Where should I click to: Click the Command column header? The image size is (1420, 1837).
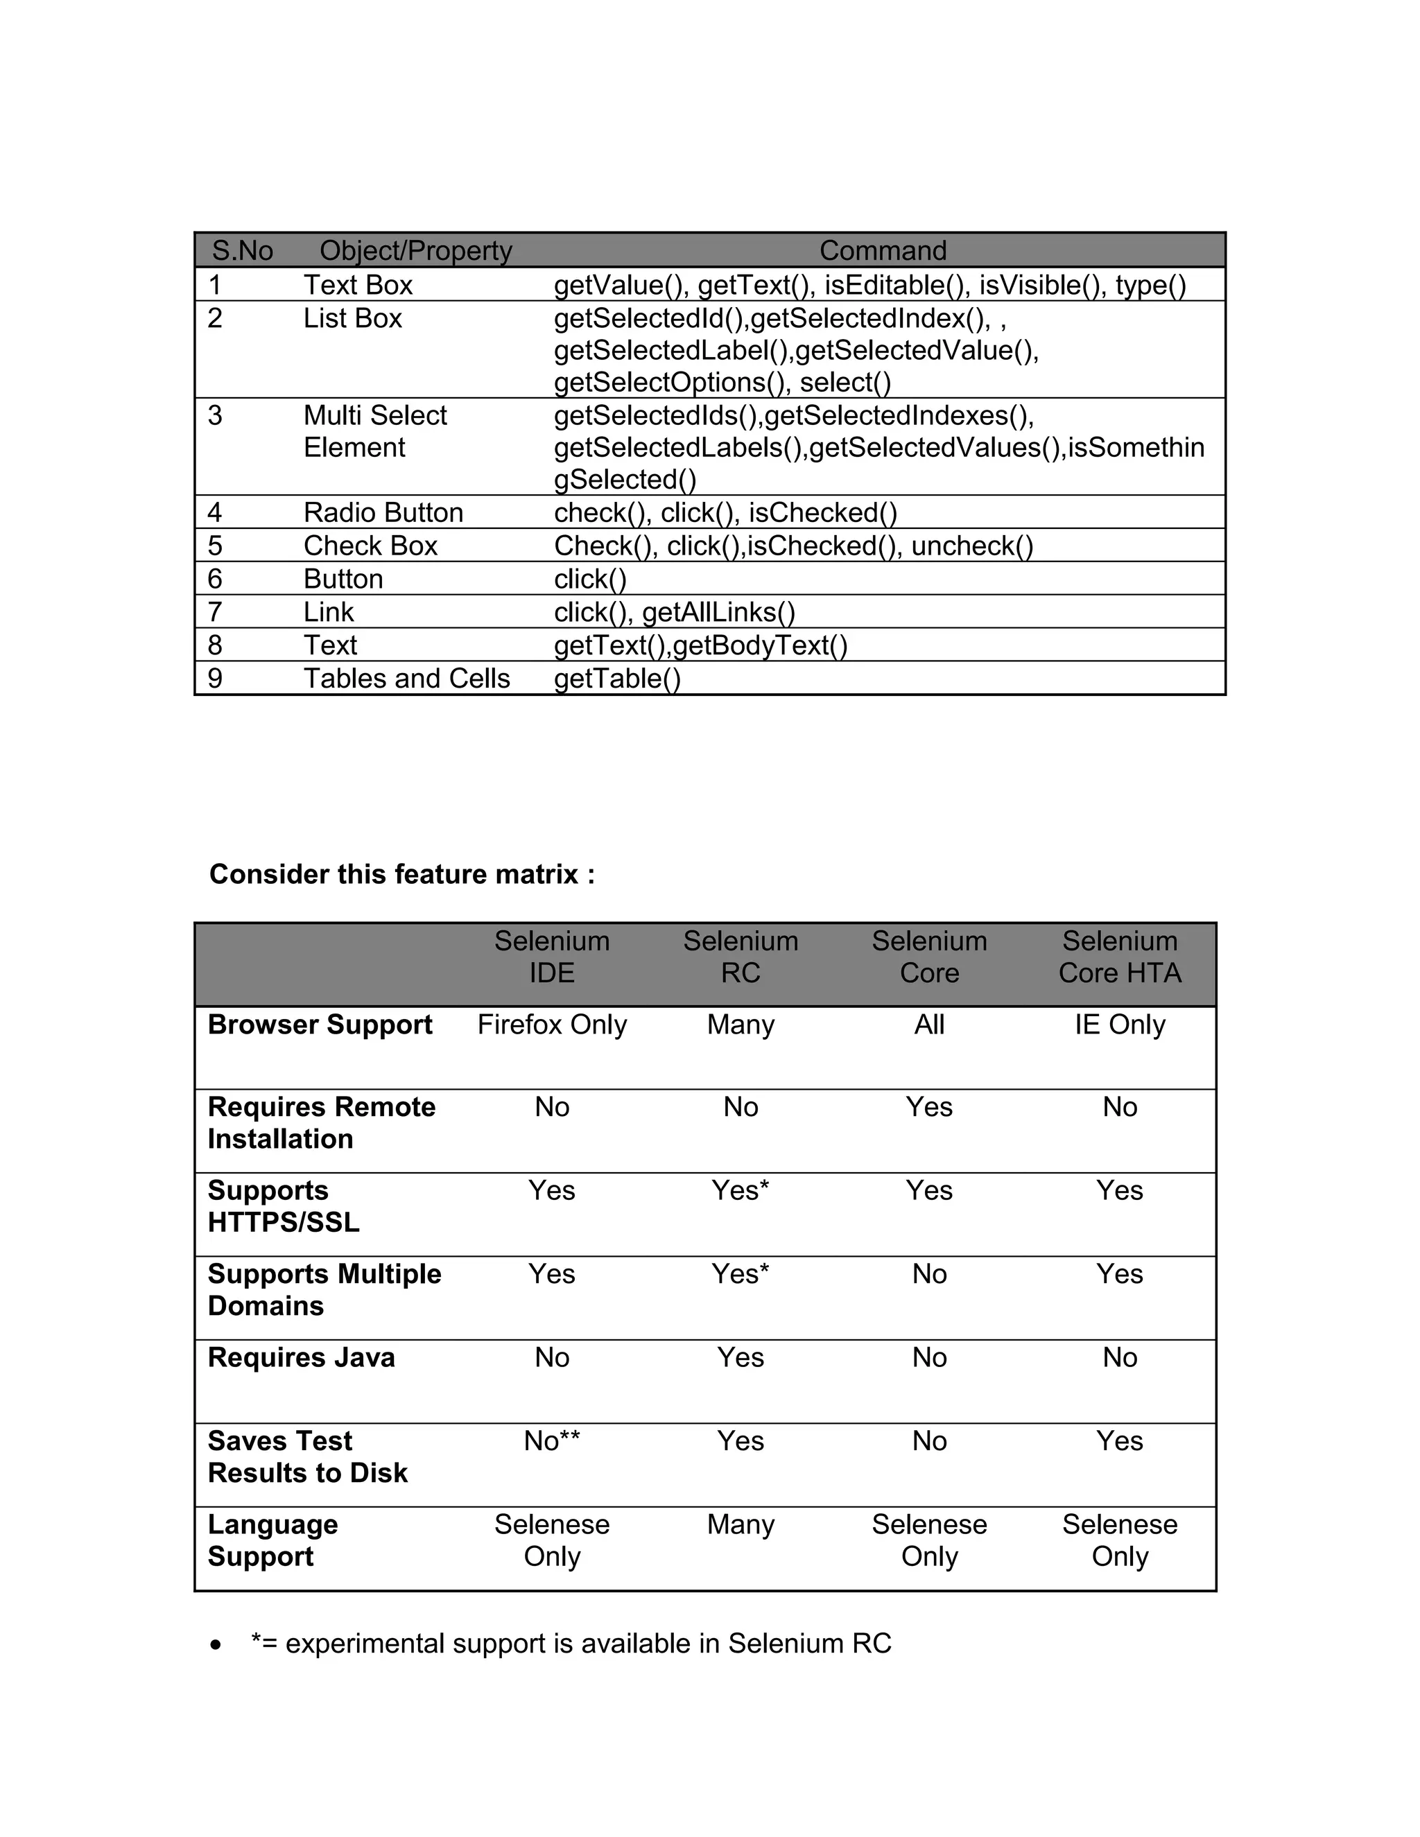[883, 251]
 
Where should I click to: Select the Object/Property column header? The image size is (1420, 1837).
[415, 251]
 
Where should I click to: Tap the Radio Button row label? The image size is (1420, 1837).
[383, 512]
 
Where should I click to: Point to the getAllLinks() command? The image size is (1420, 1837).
[718, 612]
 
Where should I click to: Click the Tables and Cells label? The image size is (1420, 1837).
[406, 678]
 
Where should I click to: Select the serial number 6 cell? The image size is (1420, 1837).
[216, 579]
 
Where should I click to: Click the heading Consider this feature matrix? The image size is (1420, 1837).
[402, 874]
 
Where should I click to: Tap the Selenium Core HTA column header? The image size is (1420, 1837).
[1119, 957]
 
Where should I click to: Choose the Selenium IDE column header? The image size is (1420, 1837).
[552, 957]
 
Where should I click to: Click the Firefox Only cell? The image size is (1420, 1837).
[552, 1025]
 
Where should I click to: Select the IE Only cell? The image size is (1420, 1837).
[1119, 1025]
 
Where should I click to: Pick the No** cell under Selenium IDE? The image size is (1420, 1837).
[552, 1441]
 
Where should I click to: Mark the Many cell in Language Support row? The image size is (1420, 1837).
[741, 1524]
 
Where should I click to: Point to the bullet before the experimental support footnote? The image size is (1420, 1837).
[217, 1644]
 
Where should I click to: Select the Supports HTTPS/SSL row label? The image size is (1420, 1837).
[284, 1206]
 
